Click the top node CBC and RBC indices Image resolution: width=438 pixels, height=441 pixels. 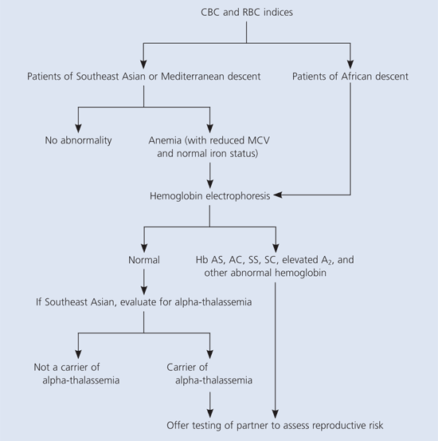[x=247, y=12]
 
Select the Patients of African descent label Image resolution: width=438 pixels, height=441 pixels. [x=350, y=77]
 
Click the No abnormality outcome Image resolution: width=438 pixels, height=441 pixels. [x=78, y=140]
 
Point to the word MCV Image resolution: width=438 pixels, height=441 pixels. [x=258, y=140]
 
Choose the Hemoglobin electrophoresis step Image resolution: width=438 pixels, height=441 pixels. [x=210, y=195]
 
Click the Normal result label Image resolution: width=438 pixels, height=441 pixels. [x=144, y=260]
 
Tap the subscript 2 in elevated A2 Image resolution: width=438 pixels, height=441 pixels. [x=330, y=262]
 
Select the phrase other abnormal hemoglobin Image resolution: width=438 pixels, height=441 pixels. [x=265, y=273]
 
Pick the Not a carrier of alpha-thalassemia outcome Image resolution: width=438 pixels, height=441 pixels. [x=76, y=374]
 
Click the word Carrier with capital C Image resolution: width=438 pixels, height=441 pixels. [x=180, y=367]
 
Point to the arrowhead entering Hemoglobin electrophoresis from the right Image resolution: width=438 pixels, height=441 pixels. [x=278, y=195]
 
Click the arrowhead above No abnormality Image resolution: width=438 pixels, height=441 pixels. [x=78, y=128]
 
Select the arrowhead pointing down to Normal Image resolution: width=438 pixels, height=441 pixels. [x=144, y=248]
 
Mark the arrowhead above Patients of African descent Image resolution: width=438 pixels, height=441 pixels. [x=350, y=65]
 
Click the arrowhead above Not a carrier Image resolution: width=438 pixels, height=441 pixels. [x=78, y=354]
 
